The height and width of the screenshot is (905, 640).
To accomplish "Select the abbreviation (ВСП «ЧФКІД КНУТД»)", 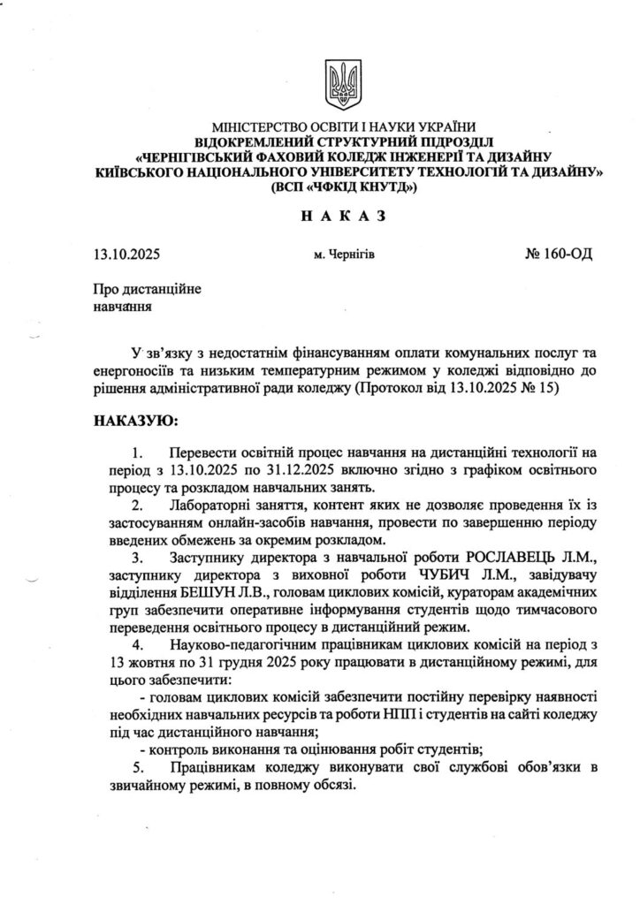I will (x=344, y=187).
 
